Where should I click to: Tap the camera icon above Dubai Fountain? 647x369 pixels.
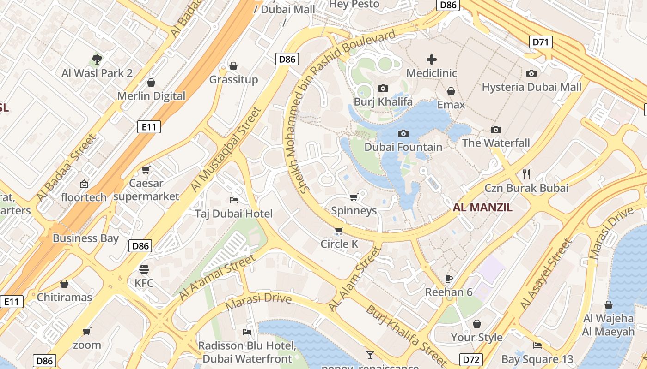(403, 134)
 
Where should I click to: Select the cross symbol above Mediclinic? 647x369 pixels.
(431, 60)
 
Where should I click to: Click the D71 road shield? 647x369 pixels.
(540, 42)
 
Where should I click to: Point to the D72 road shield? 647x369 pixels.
(471, 359)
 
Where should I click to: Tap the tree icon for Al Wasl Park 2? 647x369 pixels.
(97, 59)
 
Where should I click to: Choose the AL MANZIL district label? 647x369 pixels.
(482, 208)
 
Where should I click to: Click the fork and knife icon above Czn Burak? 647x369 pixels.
(526, 174)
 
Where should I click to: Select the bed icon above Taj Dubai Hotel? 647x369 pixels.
(234, 200)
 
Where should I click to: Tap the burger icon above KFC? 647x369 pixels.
(144, 269)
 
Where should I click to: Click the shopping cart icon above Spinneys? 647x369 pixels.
(354, 197)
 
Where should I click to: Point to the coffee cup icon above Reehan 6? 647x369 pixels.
(448, 278)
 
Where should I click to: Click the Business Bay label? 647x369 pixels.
(85, 238)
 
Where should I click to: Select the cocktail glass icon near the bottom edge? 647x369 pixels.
(370, 355)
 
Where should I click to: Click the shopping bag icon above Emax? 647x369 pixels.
(451, 91)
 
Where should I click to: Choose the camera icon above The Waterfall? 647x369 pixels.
(496, 130)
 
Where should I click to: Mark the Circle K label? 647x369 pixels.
(339, 244)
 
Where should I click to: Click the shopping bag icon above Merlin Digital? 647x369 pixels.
(151, 83)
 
